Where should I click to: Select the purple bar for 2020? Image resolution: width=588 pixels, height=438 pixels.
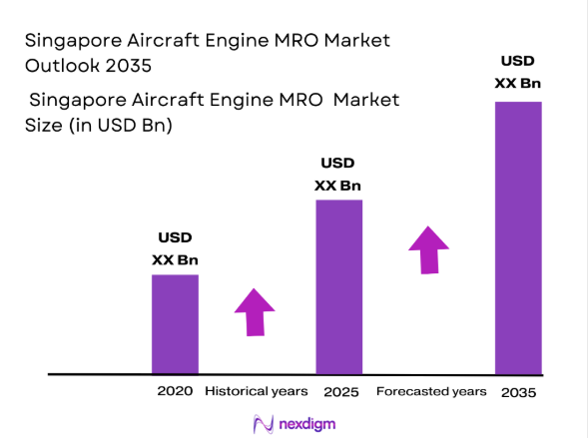[175, 323]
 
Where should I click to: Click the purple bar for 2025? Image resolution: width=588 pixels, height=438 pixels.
[338, 286]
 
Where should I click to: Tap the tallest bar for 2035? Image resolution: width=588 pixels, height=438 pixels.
[518, 237]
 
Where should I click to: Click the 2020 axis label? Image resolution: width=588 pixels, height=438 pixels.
[175, 391]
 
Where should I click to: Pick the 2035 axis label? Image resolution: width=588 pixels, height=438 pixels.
[518, 392]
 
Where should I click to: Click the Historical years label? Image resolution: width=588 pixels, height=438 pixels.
[257, 391]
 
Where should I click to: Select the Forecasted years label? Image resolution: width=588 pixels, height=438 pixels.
[431, 391]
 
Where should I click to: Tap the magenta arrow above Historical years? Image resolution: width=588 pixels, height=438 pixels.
[255, 313]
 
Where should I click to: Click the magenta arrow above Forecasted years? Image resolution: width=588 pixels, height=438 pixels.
[429, 248]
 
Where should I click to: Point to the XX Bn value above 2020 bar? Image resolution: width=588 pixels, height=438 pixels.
[175, 260]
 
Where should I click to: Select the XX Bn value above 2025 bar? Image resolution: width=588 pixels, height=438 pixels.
[337, 186]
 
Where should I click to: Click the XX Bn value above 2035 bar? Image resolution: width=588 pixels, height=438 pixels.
[518, 83]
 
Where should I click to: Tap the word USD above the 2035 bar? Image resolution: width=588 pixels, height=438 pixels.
[518, 60]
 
